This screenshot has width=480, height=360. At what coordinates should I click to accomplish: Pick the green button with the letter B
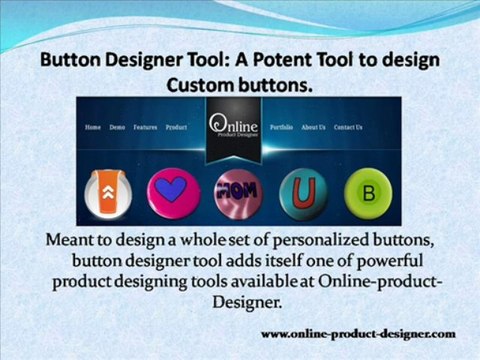coord(366,192)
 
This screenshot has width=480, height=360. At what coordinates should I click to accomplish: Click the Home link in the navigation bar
coord(93,128)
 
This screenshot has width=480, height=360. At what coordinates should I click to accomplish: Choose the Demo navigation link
coord(117,128)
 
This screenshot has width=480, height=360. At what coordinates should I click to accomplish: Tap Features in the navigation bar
coord(145,128)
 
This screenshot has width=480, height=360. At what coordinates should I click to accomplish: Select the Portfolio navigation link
coord(281,128)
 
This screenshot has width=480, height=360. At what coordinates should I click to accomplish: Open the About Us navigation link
coord(314,128)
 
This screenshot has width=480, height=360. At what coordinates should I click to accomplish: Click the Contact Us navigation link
coord(348,128)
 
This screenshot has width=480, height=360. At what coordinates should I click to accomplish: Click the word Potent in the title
coord(268,61)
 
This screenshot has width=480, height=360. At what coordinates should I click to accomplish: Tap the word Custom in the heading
coord(206,86)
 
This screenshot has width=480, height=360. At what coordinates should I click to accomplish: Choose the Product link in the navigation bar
coord(176,128)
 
